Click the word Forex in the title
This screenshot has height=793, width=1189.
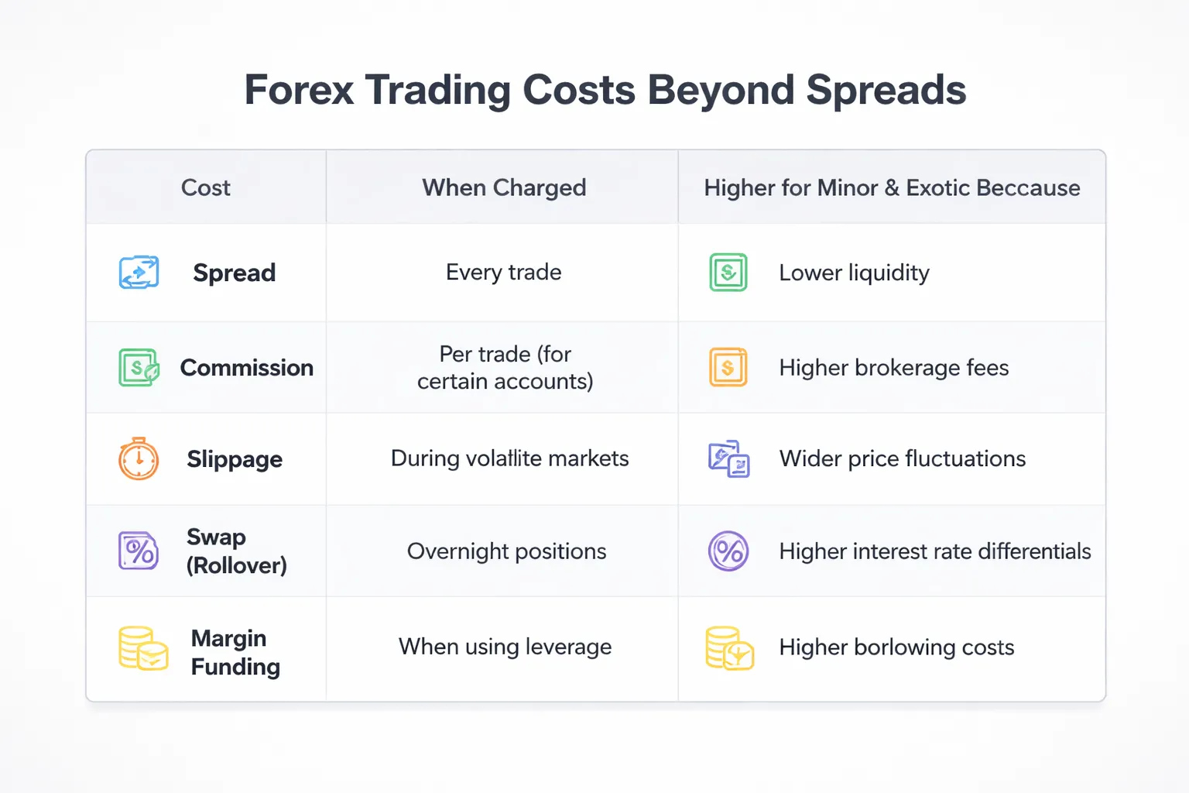[x=299, y=90]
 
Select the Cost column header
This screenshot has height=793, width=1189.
[x=205, y=187]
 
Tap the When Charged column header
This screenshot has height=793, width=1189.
[x=504, y=187]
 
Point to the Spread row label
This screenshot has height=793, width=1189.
[x=234, y=273]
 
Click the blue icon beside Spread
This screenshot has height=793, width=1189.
[x=139, y=273]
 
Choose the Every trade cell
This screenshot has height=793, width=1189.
[x=503, y=273]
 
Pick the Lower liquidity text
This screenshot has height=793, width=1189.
[x=854, y=273]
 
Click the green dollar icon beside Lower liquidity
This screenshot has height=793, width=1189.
[x=728, y=273]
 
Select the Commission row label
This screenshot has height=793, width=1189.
[x=246, y=368]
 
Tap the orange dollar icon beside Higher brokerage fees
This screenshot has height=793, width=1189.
[x=728, y=368]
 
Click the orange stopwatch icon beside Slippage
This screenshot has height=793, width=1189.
[x=139, y=459]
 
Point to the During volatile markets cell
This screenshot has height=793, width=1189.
[x=509, y=458]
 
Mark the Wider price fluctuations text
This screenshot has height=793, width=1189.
[x=902, y=458]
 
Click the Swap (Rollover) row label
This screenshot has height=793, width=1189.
[x=235, y=551]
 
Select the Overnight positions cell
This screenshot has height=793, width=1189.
[x=506, y=551]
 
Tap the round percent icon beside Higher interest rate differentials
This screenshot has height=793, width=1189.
[x=728, y=551]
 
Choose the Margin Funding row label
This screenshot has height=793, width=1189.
[x=235, y=652]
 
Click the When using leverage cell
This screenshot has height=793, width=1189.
[x=505, y=647]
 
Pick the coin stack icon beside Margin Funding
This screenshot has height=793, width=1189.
[x=143, y=648]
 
